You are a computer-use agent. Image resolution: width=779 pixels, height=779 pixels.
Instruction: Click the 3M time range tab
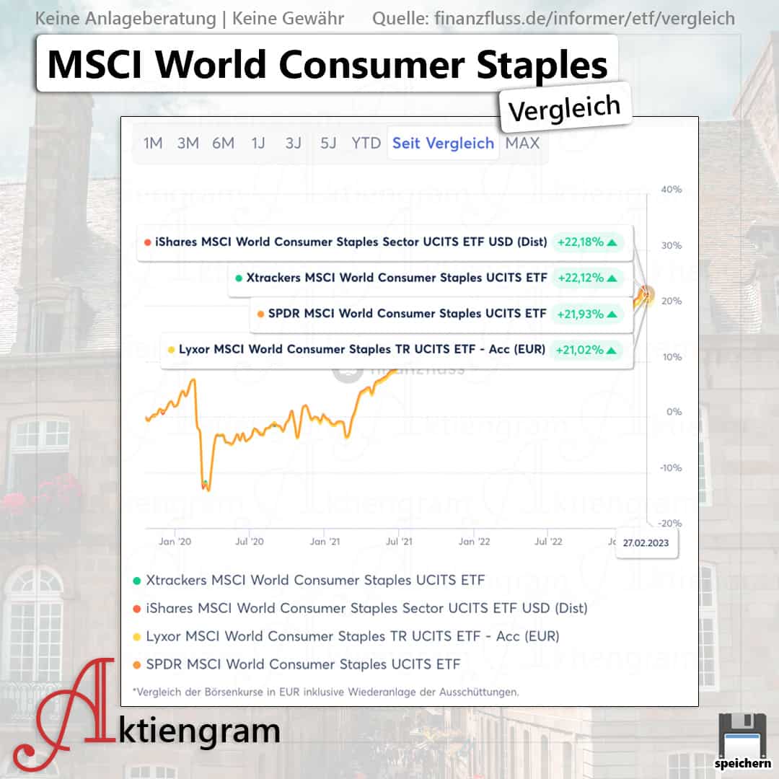(188, 143)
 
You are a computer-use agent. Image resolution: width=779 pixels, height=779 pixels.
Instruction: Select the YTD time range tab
(366, 143)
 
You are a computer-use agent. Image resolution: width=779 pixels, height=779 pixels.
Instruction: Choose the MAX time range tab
(522, 143)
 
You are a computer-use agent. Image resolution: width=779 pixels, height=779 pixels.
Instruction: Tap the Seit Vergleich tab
(443, 143)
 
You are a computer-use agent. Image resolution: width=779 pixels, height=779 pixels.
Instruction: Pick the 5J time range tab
(328, 143)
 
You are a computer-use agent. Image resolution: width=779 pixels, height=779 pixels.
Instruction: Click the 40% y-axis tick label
(672, 189)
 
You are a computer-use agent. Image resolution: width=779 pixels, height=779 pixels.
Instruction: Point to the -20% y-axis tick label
(670, 523)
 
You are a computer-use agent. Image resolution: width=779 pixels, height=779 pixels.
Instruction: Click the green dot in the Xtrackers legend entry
(136, 580)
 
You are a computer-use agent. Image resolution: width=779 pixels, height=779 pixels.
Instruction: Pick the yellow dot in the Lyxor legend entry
(136, 636)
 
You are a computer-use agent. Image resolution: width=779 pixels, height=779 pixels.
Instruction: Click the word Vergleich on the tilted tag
(564, 107)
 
